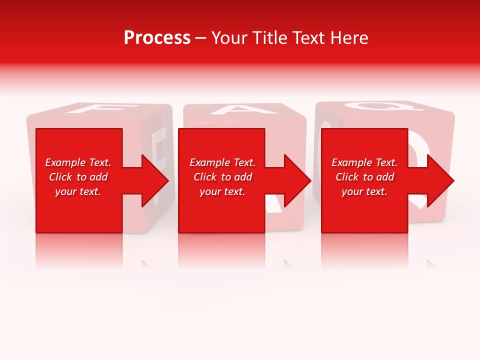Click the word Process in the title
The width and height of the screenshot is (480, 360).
[157, 38]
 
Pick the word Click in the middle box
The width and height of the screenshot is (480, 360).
[204, 177]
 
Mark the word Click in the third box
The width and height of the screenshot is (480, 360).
[346, 177]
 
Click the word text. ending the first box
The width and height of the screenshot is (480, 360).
[90, 191]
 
